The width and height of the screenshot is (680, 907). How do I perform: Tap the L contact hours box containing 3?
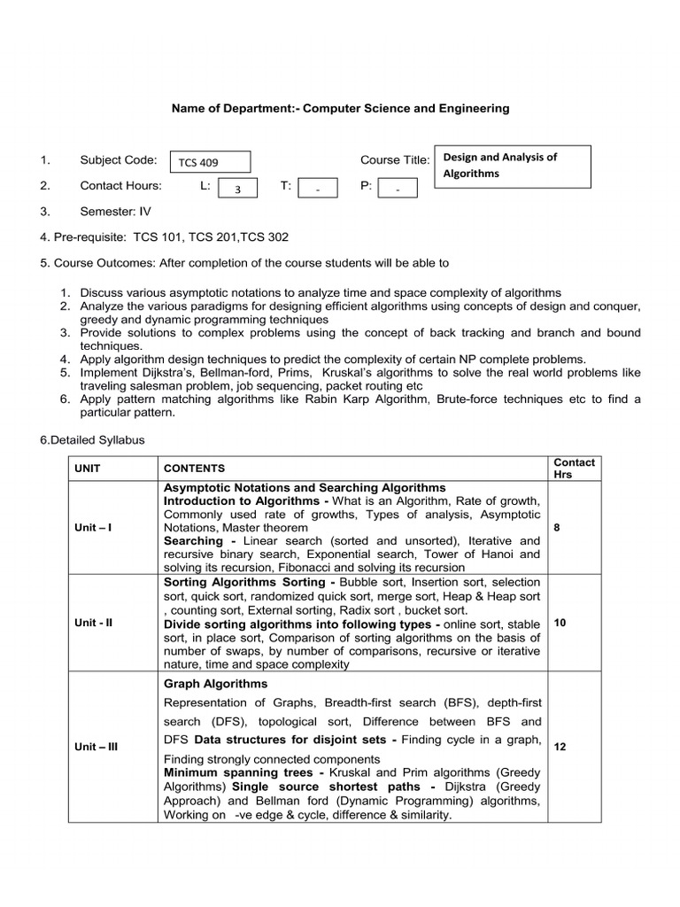[x=236, y=188]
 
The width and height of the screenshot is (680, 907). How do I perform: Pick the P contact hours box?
[x=398, y=188]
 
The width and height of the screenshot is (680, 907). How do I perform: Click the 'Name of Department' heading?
[x=340, y=108]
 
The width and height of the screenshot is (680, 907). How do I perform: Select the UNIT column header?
[x=89, y=469]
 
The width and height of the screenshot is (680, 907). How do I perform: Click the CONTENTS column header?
[x=195, y=469]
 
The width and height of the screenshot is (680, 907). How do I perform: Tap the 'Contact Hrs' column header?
[x=574, y=469]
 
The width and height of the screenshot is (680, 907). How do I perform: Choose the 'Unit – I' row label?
[x=93, y=528]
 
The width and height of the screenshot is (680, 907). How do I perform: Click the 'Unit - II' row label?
[x=94, y=623]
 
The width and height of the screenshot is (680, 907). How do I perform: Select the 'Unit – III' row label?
[x=97, y=747]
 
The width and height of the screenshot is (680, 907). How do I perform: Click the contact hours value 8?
[x=556, y=528]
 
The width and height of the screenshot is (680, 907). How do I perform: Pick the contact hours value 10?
[x=560, y=623]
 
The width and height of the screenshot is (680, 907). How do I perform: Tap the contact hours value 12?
[x=560, y=747]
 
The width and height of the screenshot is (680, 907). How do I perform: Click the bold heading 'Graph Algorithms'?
[x=215, y=684]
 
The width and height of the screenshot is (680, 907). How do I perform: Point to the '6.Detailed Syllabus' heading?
[x=92, y=439]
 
